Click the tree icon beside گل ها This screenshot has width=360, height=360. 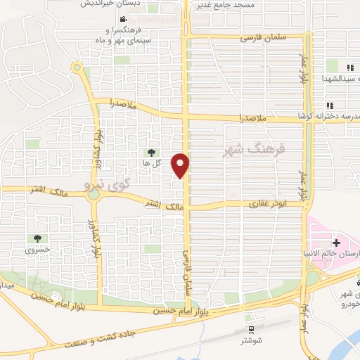151,152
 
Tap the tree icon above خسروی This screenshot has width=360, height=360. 37,239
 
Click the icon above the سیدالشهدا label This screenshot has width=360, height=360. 349,67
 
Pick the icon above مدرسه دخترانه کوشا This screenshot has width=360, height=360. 349,105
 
